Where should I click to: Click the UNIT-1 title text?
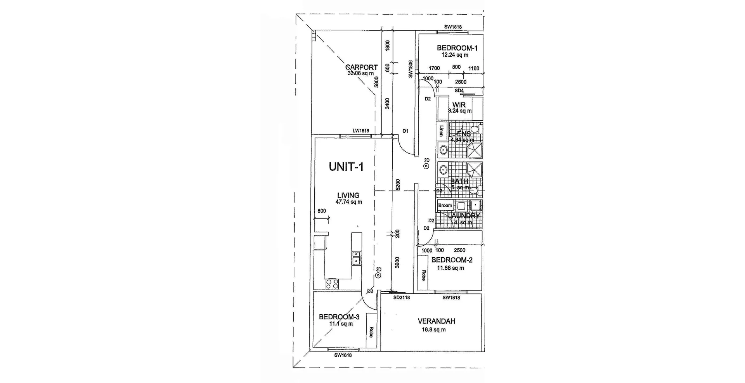click(346, 167)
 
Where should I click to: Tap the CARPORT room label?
click(361, 67)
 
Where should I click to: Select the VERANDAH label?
click(436, 321)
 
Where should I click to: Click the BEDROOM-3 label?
click(339, 317)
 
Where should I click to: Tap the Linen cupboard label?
click(441, 131)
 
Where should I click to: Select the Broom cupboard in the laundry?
click(445, 205)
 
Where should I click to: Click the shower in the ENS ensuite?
click(474, 149)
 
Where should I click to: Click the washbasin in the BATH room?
click(443, 170)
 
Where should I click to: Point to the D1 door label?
click(405, 131)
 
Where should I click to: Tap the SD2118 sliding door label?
click(401, 298)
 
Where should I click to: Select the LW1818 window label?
click(360, 131)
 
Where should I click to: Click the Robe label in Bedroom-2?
click(423, 275)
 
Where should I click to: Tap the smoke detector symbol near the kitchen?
click(378, 276)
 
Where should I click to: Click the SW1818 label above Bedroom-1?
click(453, 27)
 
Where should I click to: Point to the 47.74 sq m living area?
click(349, 202)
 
